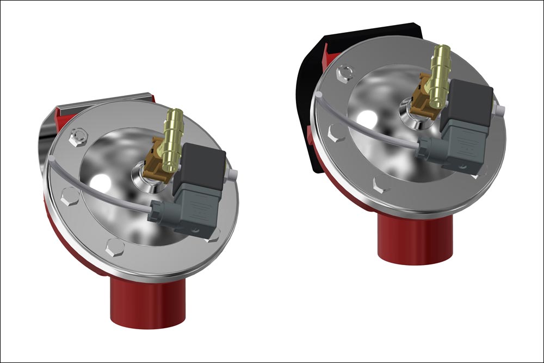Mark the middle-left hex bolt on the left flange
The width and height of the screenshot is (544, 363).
[70, 197]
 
